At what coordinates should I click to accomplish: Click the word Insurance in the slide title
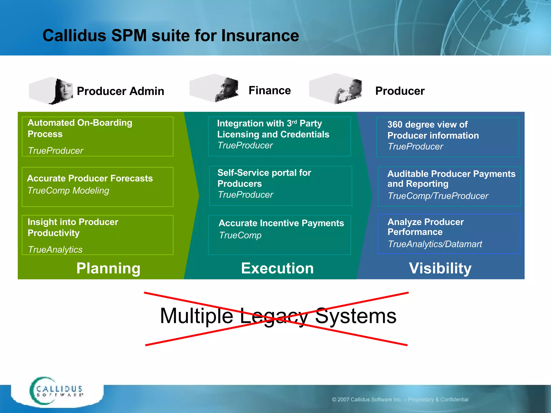point(260,35)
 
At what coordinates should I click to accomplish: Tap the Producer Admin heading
point(120,91)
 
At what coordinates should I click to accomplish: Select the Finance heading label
point(270,90)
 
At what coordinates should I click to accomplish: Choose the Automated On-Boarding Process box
point(97,136)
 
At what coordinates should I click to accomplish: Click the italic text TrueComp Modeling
point(68,191)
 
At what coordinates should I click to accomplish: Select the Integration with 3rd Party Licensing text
point(273,129)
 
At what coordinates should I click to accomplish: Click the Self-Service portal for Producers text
point(264,178)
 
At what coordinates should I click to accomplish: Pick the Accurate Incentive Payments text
point(281,223)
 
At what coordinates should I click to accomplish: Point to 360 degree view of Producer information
point(433,130)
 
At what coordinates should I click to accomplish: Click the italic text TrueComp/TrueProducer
point(438,196)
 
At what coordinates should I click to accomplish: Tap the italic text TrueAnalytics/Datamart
point(435,244)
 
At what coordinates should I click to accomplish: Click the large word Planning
point(108,268)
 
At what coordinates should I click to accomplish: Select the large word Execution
point(277,268)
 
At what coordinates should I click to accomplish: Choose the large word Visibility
point(440,268)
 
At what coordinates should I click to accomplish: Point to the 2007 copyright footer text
point(400,400)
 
